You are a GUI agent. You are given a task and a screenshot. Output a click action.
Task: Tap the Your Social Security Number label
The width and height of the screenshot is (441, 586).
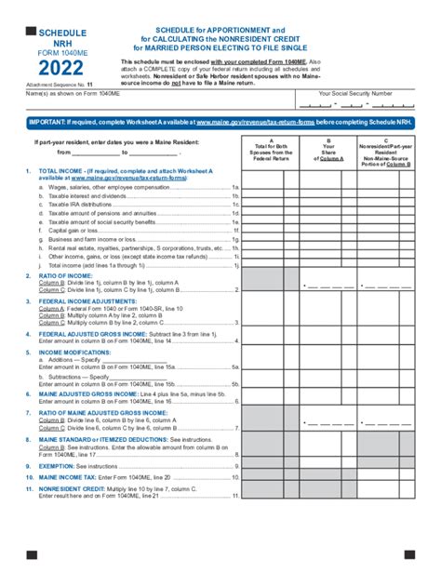354,94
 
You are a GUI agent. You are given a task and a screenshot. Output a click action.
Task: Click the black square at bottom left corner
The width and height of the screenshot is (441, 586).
31,555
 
